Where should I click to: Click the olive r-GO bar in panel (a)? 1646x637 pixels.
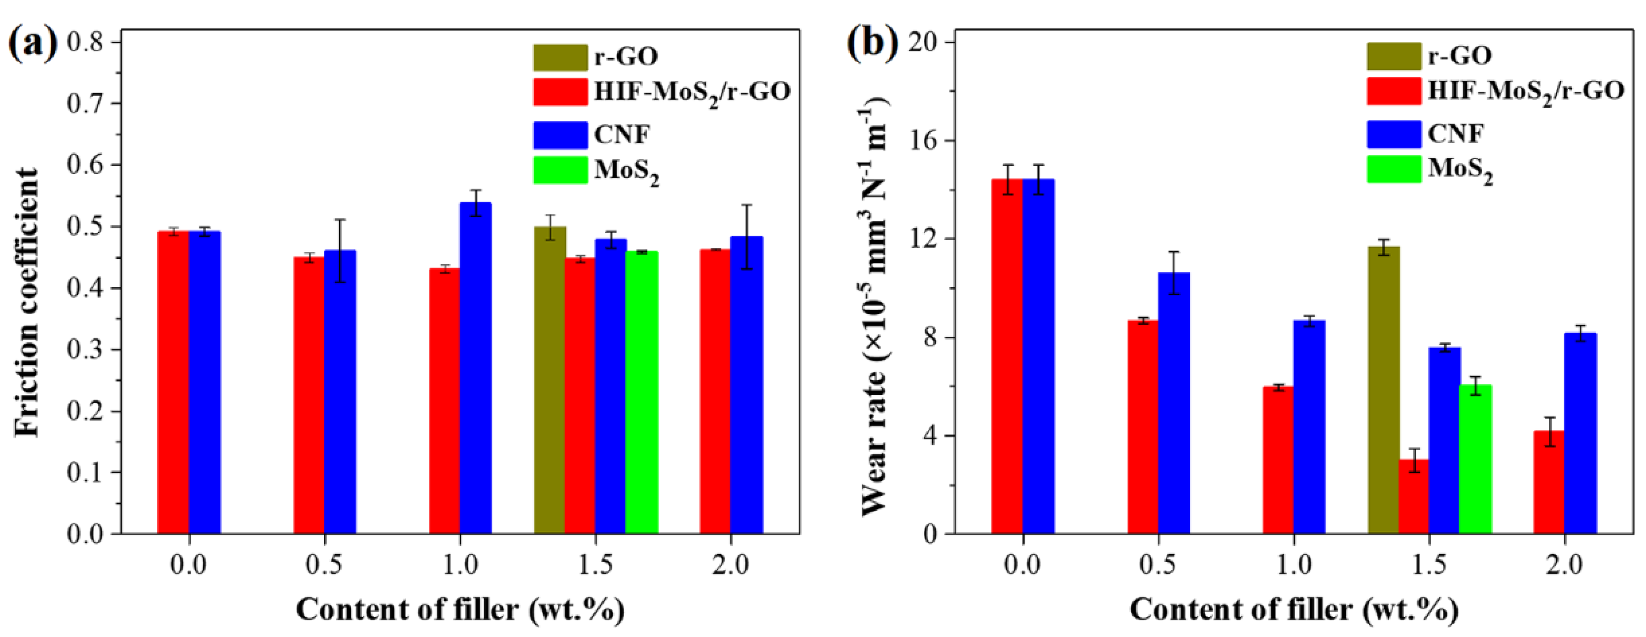pyautogui.click(x=550, y=380)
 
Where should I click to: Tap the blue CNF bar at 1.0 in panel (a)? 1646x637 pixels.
pyautogui.click(x=475, y=368)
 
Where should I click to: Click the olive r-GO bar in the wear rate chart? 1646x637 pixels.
pyautogui.click(x=1383, y=389)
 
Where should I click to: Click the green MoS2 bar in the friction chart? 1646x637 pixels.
pyautogui.click(x=641, y=392)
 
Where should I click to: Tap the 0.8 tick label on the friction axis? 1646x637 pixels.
pyautogui.click(x=88, y=42)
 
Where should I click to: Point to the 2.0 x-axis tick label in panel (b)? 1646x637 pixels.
pyautogui.click(x=1564, y=565)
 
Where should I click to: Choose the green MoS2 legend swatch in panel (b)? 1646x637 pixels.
pyautogui.click(x=1394, y=169)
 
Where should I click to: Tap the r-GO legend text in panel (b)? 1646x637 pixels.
pyautogui.click(x=1460, y=56)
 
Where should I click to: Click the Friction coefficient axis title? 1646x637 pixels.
pyautogui.click(x=27, y=302)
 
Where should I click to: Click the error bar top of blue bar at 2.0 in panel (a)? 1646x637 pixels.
pyautogui.click(x=746, y=205)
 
